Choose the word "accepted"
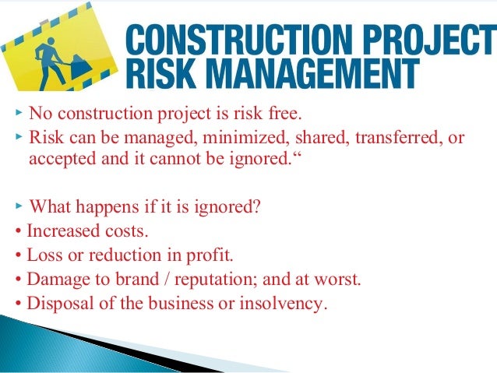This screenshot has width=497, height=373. pos(62,160)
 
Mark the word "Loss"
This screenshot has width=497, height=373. pos(42,255)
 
